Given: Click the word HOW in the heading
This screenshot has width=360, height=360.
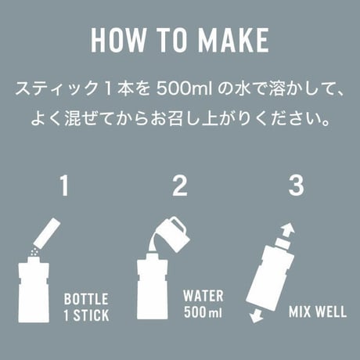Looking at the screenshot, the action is coord(118,41).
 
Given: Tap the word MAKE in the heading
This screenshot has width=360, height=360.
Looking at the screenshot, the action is coord(233,41).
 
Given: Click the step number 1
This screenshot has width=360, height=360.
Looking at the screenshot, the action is coord(64,185).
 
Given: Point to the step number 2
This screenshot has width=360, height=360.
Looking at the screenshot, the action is coord(180,185).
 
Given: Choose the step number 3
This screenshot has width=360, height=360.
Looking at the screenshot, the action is coord(296,185).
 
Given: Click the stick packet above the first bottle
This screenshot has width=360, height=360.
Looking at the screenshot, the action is coord(48,232).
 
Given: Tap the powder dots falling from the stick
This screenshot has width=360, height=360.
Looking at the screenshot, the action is coord(34,252).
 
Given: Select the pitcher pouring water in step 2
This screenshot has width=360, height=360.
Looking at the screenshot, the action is coord(174,234).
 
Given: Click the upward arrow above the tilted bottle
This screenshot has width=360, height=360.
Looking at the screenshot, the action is coord(286,229).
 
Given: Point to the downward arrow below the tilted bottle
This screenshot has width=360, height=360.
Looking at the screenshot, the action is coord(256,315).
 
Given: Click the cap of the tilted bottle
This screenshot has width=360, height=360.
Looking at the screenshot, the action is coord(282,243).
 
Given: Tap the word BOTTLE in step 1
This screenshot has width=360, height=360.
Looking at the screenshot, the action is coord(86,299).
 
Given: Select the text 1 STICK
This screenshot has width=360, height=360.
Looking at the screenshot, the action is coord(87,315).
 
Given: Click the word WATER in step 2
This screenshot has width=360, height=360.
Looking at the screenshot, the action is coord(203,296).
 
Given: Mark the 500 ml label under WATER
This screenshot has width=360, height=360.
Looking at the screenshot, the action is coord(203,311).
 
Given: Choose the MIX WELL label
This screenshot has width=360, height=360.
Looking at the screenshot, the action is coord(318,311).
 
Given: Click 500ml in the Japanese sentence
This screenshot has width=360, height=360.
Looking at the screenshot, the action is coord(184,89).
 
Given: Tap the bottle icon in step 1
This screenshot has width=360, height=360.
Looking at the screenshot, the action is coord(34,290).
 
